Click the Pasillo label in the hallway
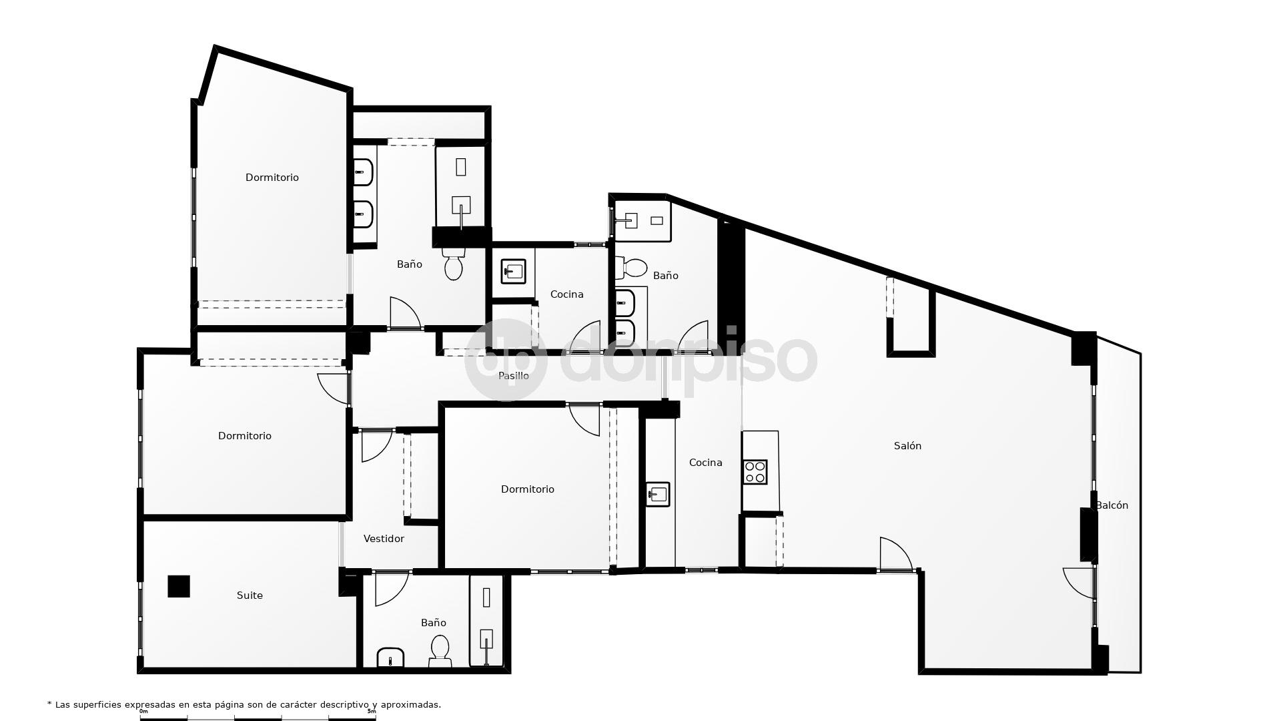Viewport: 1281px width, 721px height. [513, 376]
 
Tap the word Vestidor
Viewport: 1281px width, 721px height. [384, 539]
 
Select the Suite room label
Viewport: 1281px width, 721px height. [250, 595]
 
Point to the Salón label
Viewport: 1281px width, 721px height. [907, 446]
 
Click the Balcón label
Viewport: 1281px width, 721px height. [1112, 505]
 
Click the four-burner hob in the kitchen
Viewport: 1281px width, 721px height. [755, 472]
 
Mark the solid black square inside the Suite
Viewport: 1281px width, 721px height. [179, 586]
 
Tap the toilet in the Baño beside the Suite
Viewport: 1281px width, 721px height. [440, 650]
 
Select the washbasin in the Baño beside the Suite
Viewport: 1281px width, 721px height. [390, 658]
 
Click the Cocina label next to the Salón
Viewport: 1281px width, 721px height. [705, 463]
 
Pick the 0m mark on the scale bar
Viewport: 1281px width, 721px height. [143, 712]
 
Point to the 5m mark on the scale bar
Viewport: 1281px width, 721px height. [372, 712]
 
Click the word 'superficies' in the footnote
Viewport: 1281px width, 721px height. [97, 705]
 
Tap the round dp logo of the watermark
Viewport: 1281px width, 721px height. [505, 359]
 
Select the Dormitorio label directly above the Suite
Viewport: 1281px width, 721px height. [245, 436]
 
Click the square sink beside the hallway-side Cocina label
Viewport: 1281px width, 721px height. [513, 271]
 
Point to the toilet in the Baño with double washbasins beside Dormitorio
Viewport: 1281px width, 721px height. [454, 264]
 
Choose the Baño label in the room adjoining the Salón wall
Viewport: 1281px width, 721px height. [665, 276]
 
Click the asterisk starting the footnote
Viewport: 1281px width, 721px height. [49, 704]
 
